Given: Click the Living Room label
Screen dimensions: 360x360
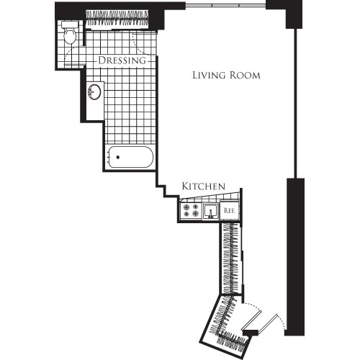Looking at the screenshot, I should [x=226, y=75].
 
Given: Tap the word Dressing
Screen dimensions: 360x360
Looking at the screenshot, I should [x=122, y=61].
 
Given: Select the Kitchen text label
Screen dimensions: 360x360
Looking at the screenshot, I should [x=204, y=186].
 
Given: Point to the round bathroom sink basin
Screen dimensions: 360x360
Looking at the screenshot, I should [x=94, y=93].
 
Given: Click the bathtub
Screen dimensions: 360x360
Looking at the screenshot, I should [x=130, y=157].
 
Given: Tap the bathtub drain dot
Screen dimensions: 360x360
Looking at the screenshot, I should [x=114, y=157].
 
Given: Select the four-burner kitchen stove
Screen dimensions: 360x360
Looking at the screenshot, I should [x=191, y=210].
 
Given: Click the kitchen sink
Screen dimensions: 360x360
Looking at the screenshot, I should [x=211, y=210].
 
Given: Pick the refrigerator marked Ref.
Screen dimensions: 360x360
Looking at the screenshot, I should [x=230, y=210].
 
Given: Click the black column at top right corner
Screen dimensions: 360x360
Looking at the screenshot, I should [x=294, y=14].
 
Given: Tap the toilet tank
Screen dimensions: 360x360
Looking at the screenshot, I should [x=69, y=24].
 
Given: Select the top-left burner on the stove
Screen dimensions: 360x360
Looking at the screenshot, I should [x=186, y=206].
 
